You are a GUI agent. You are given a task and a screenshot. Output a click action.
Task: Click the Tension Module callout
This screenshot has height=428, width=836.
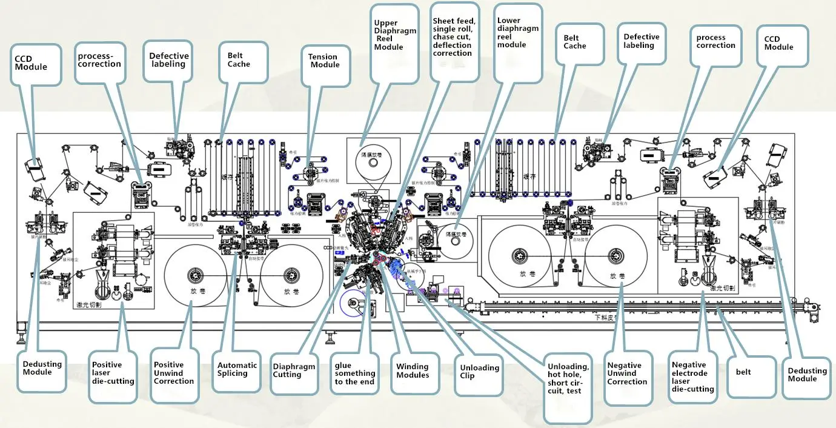tap(324, 61)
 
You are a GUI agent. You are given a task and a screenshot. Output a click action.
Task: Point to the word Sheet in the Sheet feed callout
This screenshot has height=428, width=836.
tap(443, 21)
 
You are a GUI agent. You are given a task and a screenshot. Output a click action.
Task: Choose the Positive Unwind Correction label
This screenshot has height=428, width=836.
tap(174, 373)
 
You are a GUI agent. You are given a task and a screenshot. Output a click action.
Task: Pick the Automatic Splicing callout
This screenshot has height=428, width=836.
tap(237, 369)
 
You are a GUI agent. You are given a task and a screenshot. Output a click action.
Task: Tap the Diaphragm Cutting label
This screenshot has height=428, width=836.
tap(294, 370)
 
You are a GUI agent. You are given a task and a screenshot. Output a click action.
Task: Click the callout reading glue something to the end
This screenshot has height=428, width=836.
tap(355, 373)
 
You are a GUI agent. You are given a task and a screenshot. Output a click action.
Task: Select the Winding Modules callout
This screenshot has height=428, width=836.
tap(413, 370)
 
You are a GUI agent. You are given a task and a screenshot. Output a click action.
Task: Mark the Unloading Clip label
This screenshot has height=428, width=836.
tap(480, 372)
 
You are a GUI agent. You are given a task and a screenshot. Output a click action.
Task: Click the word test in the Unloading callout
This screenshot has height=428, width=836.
tap(572, 391)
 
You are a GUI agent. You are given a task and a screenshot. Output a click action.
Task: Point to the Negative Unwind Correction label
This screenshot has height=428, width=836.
tap(627, 373)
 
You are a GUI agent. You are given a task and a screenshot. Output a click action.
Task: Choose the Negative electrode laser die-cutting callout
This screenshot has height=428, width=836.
tap(692, 377)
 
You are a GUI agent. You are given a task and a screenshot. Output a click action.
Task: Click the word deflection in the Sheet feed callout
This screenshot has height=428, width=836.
tap(452, 45)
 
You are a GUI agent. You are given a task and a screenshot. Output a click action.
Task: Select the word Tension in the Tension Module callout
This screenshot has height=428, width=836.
tap(323, 57)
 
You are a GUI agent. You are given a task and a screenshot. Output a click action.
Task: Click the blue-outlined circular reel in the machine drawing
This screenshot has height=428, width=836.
tap(353, 304)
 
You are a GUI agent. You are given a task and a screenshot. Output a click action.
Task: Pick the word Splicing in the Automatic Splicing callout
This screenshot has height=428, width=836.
tap(233, 373)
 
